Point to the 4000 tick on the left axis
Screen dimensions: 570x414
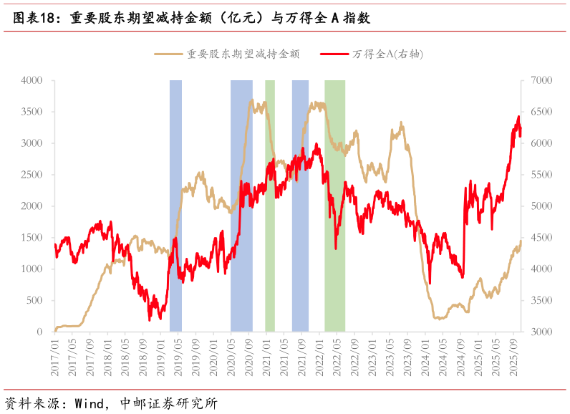click(x=32, y=80)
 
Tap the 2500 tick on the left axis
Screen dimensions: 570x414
click(x=32, y=175)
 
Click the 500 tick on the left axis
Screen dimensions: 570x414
click(x=34, y=300)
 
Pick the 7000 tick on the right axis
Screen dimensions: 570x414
click(x=541, y=80)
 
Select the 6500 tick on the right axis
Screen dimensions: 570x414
click(x=541, y=112)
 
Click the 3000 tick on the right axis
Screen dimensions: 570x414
click(x=541, y=332)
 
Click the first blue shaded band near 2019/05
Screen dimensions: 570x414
click(x=176, y=206)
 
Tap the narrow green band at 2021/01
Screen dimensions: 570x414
click(x=270, y=206)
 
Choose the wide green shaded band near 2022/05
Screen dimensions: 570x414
click(x=335, y=206)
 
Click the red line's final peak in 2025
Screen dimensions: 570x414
click(x=518, y=116)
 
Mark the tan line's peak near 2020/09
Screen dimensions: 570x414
click(x=251, y=100)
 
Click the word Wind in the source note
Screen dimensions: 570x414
click(x=89, y=403)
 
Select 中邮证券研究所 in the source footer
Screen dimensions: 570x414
click(x=169, y=403)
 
